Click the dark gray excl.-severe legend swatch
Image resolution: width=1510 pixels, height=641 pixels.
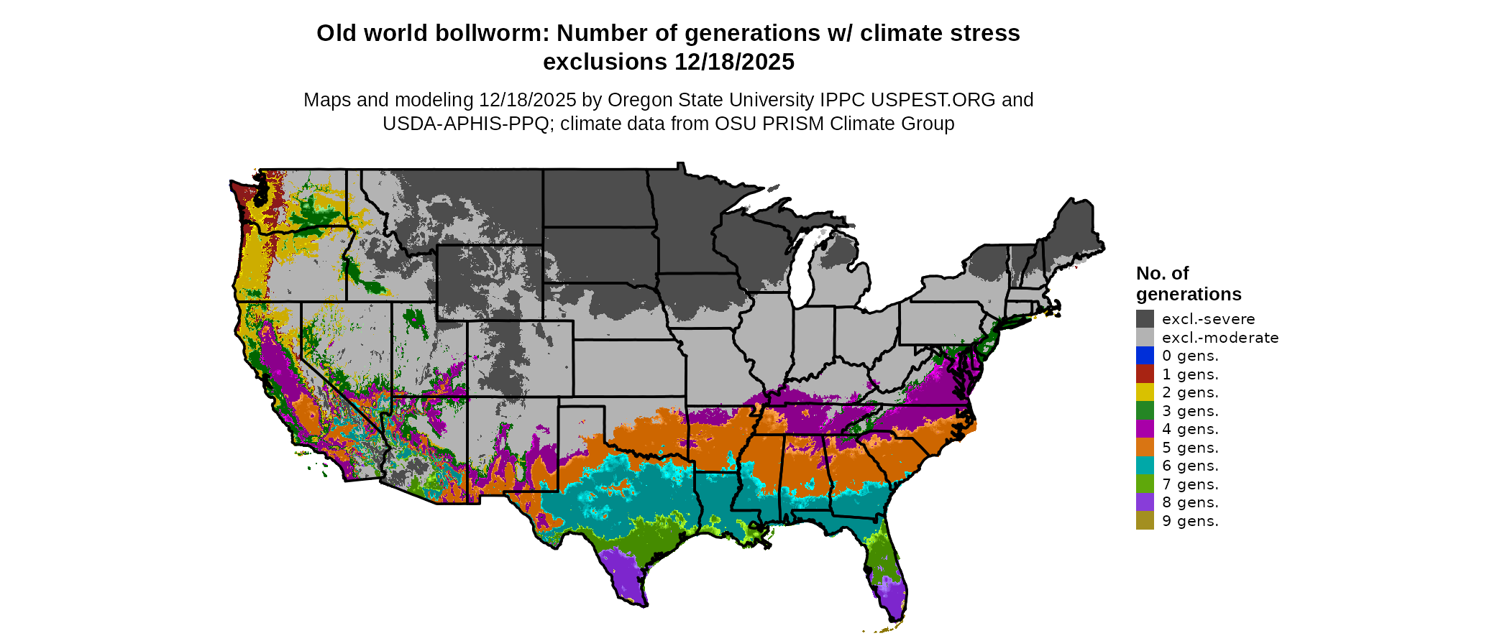tap(1145, 319)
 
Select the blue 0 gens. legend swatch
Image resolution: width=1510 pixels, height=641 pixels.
tap(1145, 356)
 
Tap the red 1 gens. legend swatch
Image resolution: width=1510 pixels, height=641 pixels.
tap(1145, 374)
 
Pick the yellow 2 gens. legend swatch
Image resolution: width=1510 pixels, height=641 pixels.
tap(1145, 392)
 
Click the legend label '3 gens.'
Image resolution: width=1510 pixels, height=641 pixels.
tap(1190, 411)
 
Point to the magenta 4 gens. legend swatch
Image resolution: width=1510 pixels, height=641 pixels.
tap(1145, 429)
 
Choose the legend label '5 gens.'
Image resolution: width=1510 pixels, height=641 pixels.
tap(1190, 448)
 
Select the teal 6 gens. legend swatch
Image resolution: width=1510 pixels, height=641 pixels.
tap(1145, 466)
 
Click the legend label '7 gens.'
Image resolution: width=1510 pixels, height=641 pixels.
tap(1190, 484)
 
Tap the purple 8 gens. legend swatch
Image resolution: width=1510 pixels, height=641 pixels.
tap(1145, 502)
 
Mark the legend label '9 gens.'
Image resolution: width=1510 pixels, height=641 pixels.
tap(1190, 521)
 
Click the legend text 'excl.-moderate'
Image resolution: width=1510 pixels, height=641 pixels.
tap(1220, 338)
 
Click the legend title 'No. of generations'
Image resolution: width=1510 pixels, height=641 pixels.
tap(1188, 284)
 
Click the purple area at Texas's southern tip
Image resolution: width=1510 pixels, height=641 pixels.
tap(624, 575)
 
